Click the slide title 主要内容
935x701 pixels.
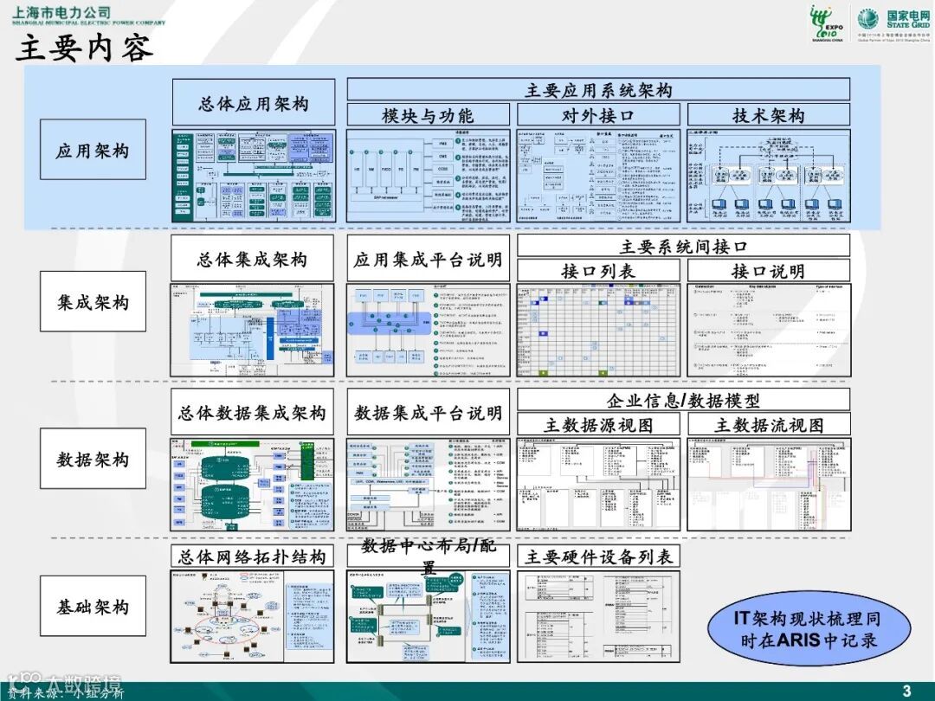[85, 48]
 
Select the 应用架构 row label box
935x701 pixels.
[93, 151]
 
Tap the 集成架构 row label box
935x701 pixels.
[93, 302]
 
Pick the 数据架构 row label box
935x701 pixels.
[93, 459]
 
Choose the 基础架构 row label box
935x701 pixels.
[93, 607]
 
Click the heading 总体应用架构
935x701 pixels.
[253, 104]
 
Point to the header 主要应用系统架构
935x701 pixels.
[598, 90]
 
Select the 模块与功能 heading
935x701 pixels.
[428, 115]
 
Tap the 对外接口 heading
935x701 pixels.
[598, 115]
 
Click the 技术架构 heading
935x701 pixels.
[769, 115]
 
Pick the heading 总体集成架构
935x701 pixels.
[252, 259]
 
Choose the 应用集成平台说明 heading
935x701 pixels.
[428, 259]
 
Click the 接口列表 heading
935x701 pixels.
[598, 271]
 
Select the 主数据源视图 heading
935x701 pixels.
[598, 425]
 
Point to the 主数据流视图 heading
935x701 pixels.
[769, 425]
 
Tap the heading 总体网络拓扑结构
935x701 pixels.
[252, 556]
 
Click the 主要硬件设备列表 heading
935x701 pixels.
[598, 556]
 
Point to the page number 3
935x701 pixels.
[906, 690]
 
